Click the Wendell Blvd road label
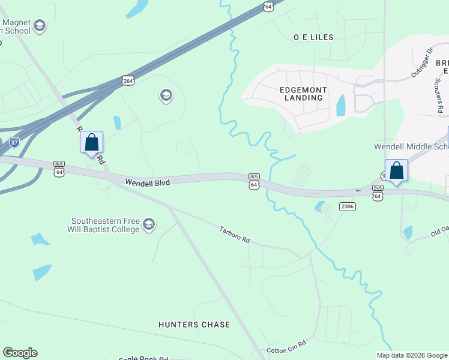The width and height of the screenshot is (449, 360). (147, 181)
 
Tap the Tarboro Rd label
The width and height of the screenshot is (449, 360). (234, 235)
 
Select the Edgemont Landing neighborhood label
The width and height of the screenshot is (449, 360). (304, 94)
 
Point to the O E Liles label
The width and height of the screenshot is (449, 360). (313, 37)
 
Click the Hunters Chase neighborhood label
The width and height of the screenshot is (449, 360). (194, 325)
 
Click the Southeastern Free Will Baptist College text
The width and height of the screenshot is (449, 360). (105, 224)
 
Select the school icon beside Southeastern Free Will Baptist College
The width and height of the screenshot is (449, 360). (149, 226)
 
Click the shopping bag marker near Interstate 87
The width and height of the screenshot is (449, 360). (92, 143)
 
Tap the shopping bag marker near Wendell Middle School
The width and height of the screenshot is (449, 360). (396, 170)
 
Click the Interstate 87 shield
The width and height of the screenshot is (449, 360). (14, 143)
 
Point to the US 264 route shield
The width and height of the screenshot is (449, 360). (128, 80)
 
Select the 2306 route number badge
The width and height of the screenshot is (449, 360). (347, 206)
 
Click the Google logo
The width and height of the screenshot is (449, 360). (20, 353)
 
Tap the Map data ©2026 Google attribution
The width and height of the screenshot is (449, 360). (411, 355)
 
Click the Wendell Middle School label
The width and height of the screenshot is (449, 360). (411, 146)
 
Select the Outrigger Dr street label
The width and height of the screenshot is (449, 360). (421, 62)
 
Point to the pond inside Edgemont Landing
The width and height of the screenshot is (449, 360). (341, 106)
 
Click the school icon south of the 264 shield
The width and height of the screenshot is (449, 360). (165, 95)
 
